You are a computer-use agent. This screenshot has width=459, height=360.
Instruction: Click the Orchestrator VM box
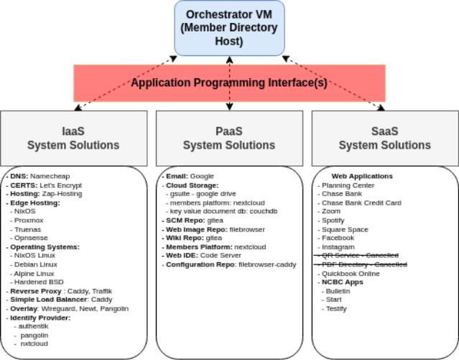click(x=230, y=28)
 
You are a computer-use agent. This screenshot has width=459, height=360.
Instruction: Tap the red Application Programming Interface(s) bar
click(x=228, y=83)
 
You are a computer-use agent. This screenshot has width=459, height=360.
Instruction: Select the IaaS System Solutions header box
click(x=73, y=139)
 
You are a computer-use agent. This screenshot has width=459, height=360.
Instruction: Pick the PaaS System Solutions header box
click(x=229, y=139)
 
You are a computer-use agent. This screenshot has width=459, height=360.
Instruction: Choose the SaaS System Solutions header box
click(x=384, y=139)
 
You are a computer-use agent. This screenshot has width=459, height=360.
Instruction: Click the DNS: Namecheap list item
click(x=41, y=176)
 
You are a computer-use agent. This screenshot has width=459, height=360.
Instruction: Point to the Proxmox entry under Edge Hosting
click(x=29, y=221)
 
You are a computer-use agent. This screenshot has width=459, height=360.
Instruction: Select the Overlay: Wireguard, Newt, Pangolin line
click(x=68, y=309)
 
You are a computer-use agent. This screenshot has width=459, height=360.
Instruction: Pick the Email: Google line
click(x=189, y=176)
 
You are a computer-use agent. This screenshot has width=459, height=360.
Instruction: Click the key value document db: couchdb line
click(x=216, y=211)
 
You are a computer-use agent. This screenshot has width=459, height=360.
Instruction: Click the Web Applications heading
click(x=362, y=176)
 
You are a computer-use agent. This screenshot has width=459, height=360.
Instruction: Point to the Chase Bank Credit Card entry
click(x=361, y=203)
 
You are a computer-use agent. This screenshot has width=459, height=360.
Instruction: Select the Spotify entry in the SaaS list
click(x=333, y=221)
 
